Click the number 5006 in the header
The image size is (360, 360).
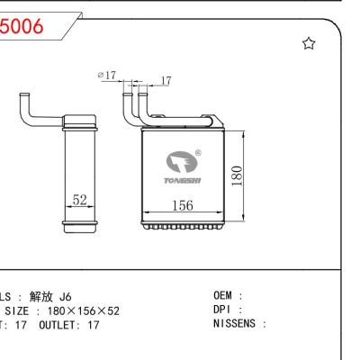tap(22, 27)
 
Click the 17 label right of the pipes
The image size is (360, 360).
tap(164, 81)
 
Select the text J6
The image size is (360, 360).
tap(65, 296)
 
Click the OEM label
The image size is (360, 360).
tap(223, 296)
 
